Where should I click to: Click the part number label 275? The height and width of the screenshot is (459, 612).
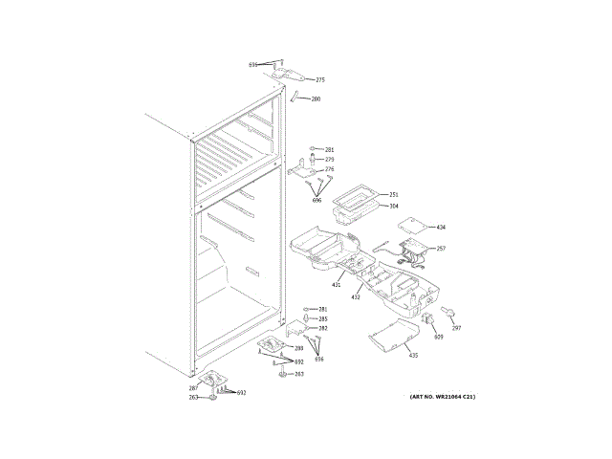320,80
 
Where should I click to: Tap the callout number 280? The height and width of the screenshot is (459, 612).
316,99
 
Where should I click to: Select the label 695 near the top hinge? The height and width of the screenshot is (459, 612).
253,65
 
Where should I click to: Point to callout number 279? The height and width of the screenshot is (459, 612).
329,160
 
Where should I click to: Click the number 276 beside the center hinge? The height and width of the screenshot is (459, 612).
329,169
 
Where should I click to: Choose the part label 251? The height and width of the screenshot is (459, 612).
393,194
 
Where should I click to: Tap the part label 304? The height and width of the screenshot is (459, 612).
393,206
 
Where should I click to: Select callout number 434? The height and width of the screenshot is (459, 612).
441,228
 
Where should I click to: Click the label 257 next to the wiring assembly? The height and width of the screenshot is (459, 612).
441,249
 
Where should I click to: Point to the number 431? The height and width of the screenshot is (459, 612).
337,285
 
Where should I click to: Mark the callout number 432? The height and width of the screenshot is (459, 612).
355,297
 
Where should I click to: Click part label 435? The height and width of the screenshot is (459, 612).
413,356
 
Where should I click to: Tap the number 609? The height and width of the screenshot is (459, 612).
438,337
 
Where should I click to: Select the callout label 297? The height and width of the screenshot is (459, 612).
456,328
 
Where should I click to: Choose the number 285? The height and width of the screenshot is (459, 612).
323,318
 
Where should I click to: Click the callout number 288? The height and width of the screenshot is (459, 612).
298,348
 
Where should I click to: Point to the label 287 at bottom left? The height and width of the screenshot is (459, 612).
193,388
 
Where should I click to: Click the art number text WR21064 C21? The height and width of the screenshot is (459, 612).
442,396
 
